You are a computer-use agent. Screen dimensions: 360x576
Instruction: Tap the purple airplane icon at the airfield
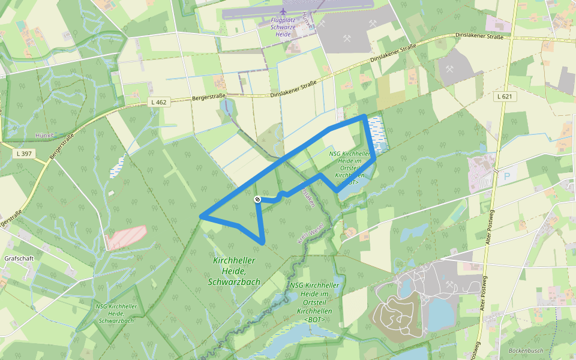click(283, 11)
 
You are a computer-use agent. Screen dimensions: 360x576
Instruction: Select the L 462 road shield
click(158, 102)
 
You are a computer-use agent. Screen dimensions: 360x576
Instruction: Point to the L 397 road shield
click(24, 154)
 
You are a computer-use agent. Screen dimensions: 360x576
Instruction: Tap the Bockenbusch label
click(525, 350)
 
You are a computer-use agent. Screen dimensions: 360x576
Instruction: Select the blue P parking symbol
click(506, 176)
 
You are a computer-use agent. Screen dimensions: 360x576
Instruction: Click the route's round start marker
click(257, 199)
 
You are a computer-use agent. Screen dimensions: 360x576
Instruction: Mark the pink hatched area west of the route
click(127, 238)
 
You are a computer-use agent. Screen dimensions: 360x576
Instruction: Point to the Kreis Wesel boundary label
click(311, 233)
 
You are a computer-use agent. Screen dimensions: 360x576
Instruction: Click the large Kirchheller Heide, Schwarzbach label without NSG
click(234, 271)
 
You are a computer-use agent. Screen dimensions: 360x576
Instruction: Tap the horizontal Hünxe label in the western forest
click(44, 136)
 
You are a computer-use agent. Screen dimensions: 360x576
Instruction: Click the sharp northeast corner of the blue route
click(365, 116)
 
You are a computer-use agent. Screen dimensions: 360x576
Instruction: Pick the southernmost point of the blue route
click(263, 242)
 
